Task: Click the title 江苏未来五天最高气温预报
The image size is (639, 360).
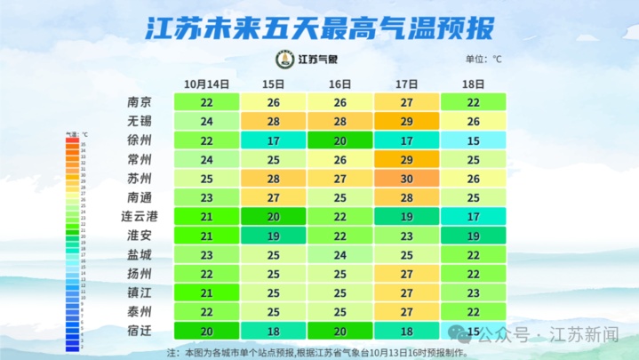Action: point(319,28)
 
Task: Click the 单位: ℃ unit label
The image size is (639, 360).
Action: point(483,60)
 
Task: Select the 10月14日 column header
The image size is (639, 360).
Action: point(207,84)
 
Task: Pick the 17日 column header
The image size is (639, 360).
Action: point(406,84)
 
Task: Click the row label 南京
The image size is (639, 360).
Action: point(140,102)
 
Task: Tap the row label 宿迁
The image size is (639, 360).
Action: point(140,331)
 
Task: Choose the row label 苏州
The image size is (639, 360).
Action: point(140,179)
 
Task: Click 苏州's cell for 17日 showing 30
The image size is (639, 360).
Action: point(406,179)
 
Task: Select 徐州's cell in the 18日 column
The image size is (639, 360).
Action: point(473,140)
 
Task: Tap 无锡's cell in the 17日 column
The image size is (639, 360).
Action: point(406,121)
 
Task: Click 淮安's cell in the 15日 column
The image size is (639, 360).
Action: point(274,236)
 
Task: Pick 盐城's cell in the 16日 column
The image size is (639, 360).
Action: point(339,255)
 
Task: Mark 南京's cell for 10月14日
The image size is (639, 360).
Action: point(207,102)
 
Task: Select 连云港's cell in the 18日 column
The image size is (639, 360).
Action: point(473,217)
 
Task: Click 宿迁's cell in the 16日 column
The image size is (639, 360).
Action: point(339,331)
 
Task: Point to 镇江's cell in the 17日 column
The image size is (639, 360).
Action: point(406,292)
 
